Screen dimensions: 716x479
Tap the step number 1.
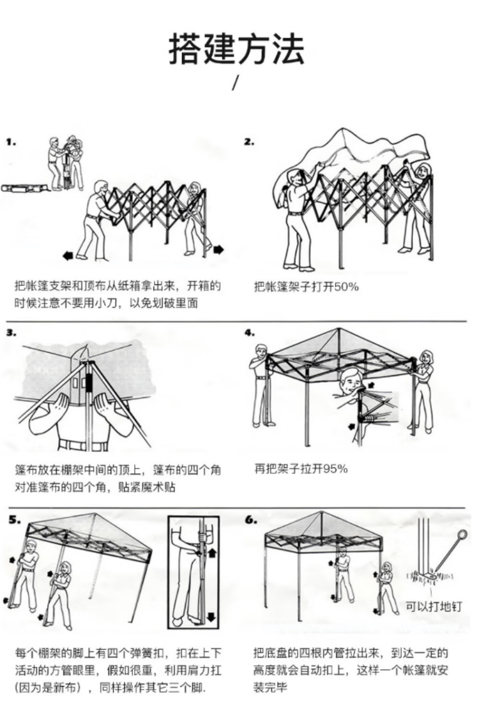[x=11, y=142]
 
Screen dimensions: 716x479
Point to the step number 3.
[x=11, y=332]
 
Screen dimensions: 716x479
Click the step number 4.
[x=250, y=332]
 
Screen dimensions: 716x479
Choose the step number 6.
[x=251, y=519]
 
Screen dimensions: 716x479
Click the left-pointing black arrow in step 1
[x=68, y=256]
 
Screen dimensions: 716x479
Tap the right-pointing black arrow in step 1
[x=219, y=249]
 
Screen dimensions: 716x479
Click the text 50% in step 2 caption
[x=347, y=287]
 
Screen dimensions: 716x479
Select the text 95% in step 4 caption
[x=335, y=469]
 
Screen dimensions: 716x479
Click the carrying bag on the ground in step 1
[x=24, y=188]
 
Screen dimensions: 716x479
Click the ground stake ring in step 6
[x=462, y=534]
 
